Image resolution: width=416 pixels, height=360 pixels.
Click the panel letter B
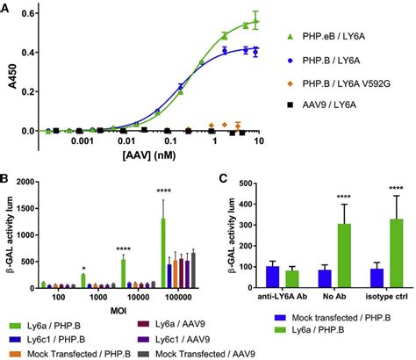coord(7,179)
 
